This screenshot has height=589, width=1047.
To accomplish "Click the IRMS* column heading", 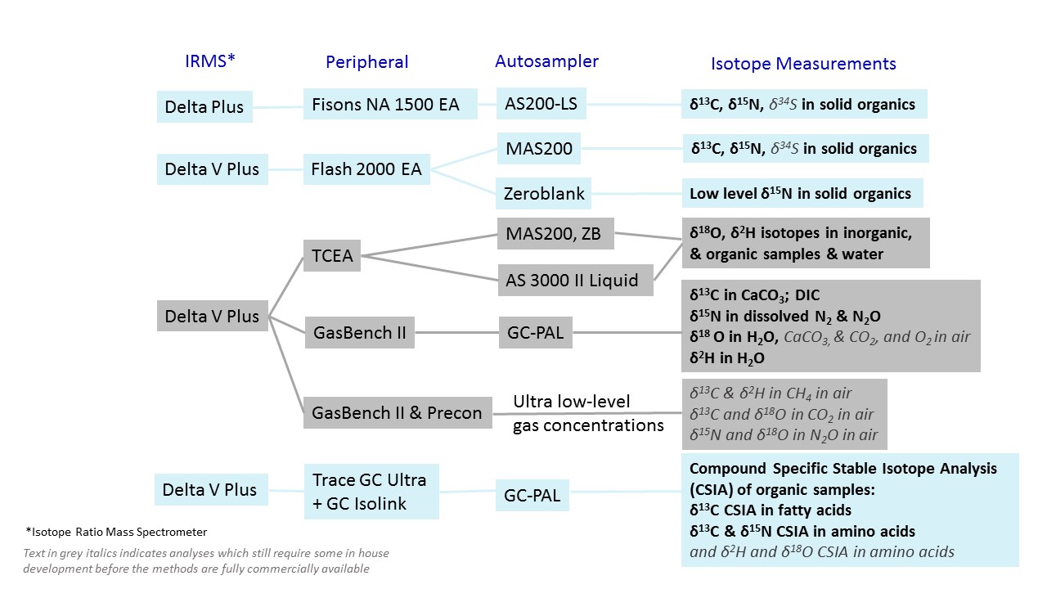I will click(x=211, y=61).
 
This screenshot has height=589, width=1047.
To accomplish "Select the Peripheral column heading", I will click(x=366, y=62).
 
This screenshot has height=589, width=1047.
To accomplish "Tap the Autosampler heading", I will click(x=546, y=61).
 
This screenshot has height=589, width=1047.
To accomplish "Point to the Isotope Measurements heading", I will click(x=803, y=64).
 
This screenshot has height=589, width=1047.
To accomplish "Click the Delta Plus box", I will click(x=204, y=106).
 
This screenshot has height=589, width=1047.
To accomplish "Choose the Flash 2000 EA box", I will click(x=366, y=169).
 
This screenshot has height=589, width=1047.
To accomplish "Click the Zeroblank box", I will click(x=545, y=194).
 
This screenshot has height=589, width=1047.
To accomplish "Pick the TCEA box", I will click(x=332, y=256).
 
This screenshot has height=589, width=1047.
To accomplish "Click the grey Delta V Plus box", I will click(x=212, y=316).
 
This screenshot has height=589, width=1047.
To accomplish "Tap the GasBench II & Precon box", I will click(x=397, y=413).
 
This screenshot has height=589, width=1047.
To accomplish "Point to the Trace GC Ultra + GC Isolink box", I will click(x=371, y=491).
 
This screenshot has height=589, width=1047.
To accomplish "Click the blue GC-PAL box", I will click(x=532, y=495).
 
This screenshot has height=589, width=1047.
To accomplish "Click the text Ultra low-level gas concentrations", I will click(x=587, y=413).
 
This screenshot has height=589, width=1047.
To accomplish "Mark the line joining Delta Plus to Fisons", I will click(x=278, y=106).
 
